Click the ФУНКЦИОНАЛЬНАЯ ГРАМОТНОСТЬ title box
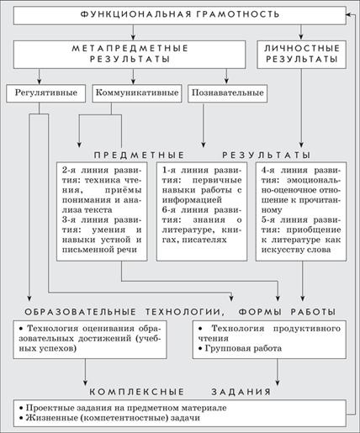coord(180,15)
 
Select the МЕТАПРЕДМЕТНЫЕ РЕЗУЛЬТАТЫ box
coord(130,55)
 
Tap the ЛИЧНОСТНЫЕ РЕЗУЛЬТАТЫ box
coord(301,55)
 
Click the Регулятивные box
coord(46,93)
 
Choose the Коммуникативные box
coord(137,93)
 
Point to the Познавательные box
coord(227,93)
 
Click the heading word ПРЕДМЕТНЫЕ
coord(139,155)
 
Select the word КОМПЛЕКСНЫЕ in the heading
coord(137,392)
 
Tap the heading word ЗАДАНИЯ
coord(241,392)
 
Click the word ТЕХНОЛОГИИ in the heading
coord(185,312)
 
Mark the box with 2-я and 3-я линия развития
coord(102,212)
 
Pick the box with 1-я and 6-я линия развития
coord(202,212)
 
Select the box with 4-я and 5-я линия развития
coord(301,212)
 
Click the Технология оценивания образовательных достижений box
coord(90,340)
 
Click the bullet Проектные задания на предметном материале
coord(124,408)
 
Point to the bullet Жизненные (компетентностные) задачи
coord(110,418)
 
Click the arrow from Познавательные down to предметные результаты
coord(204,125)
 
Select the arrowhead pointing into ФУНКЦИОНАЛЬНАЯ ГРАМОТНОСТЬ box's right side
coord(348,14)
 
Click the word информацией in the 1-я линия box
coord(192,200)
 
